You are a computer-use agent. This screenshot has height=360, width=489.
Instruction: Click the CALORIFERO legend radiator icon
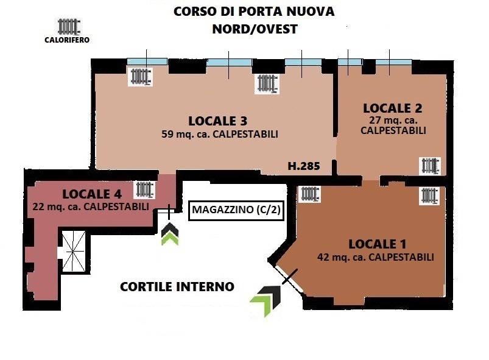point(69,27)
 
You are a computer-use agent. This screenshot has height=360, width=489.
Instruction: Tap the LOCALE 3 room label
point(217,121)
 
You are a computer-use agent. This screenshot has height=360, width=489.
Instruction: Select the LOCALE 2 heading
point(393,108)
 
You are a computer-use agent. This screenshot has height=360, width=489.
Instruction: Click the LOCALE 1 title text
point(378,244)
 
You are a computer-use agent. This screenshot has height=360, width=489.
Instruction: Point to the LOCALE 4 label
point(92,194)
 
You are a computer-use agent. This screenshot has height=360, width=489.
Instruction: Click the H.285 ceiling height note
point(304,166)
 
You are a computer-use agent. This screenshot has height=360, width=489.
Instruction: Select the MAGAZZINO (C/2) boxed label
point(236,210)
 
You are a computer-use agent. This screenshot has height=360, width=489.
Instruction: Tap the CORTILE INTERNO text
point(177,287)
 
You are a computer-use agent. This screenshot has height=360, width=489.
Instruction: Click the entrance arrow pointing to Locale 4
point(170,234)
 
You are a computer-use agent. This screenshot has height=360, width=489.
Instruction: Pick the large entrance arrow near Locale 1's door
point(266,300)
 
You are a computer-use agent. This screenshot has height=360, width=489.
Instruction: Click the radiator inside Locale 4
point(145,189)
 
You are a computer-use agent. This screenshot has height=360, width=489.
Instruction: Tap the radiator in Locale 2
point(430,166)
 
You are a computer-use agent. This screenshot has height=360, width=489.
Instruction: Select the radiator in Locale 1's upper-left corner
point(309,194)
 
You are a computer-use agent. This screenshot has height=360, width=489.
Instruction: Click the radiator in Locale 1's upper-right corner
point(429,196)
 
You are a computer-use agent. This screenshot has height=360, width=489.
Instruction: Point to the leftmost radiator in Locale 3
point(140,77)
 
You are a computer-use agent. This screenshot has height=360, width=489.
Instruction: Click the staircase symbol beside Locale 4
point(74,252)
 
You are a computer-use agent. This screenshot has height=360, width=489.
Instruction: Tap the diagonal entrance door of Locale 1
point(290,279)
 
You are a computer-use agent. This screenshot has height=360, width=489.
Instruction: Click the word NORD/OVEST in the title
point(255,29)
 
